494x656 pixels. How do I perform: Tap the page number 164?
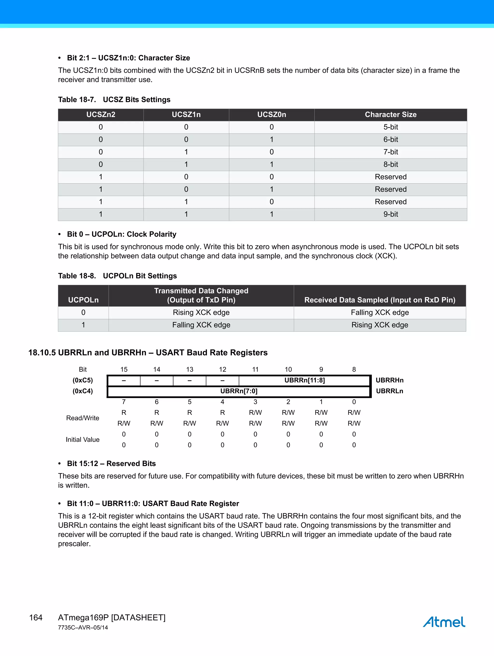[x=36, y=617]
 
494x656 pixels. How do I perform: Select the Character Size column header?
[x=390, y=114]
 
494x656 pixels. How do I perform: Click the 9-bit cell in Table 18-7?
[x=390, y=214]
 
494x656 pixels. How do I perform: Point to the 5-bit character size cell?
[x=390, y=127]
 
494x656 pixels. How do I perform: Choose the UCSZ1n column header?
[x=186, y=114]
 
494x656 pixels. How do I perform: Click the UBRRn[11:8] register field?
[x=304, y=380]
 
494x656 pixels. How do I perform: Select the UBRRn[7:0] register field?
[x=239, y=391]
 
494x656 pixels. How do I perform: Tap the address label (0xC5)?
[x=83, y=380]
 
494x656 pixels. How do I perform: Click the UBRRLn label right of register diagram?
[x=389, y=391]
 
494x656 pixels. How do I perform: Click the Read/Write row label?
[x=83, y=418]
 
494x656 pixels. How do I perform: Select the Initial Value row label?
[x=83, y=440]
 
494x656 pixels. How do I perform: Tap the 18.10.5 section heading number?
[x=42, y=353]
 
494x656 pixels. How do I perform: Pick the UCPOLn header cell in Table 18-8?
[x=83, y=300]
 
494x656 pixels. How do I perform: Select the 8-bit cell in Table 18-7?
[x=390, y=164]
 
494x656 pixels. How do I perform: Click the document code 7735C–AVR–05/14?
[x=83, y=628]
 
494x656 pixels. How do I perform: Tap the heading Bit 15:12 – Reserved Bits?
[x=111, y=463]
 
